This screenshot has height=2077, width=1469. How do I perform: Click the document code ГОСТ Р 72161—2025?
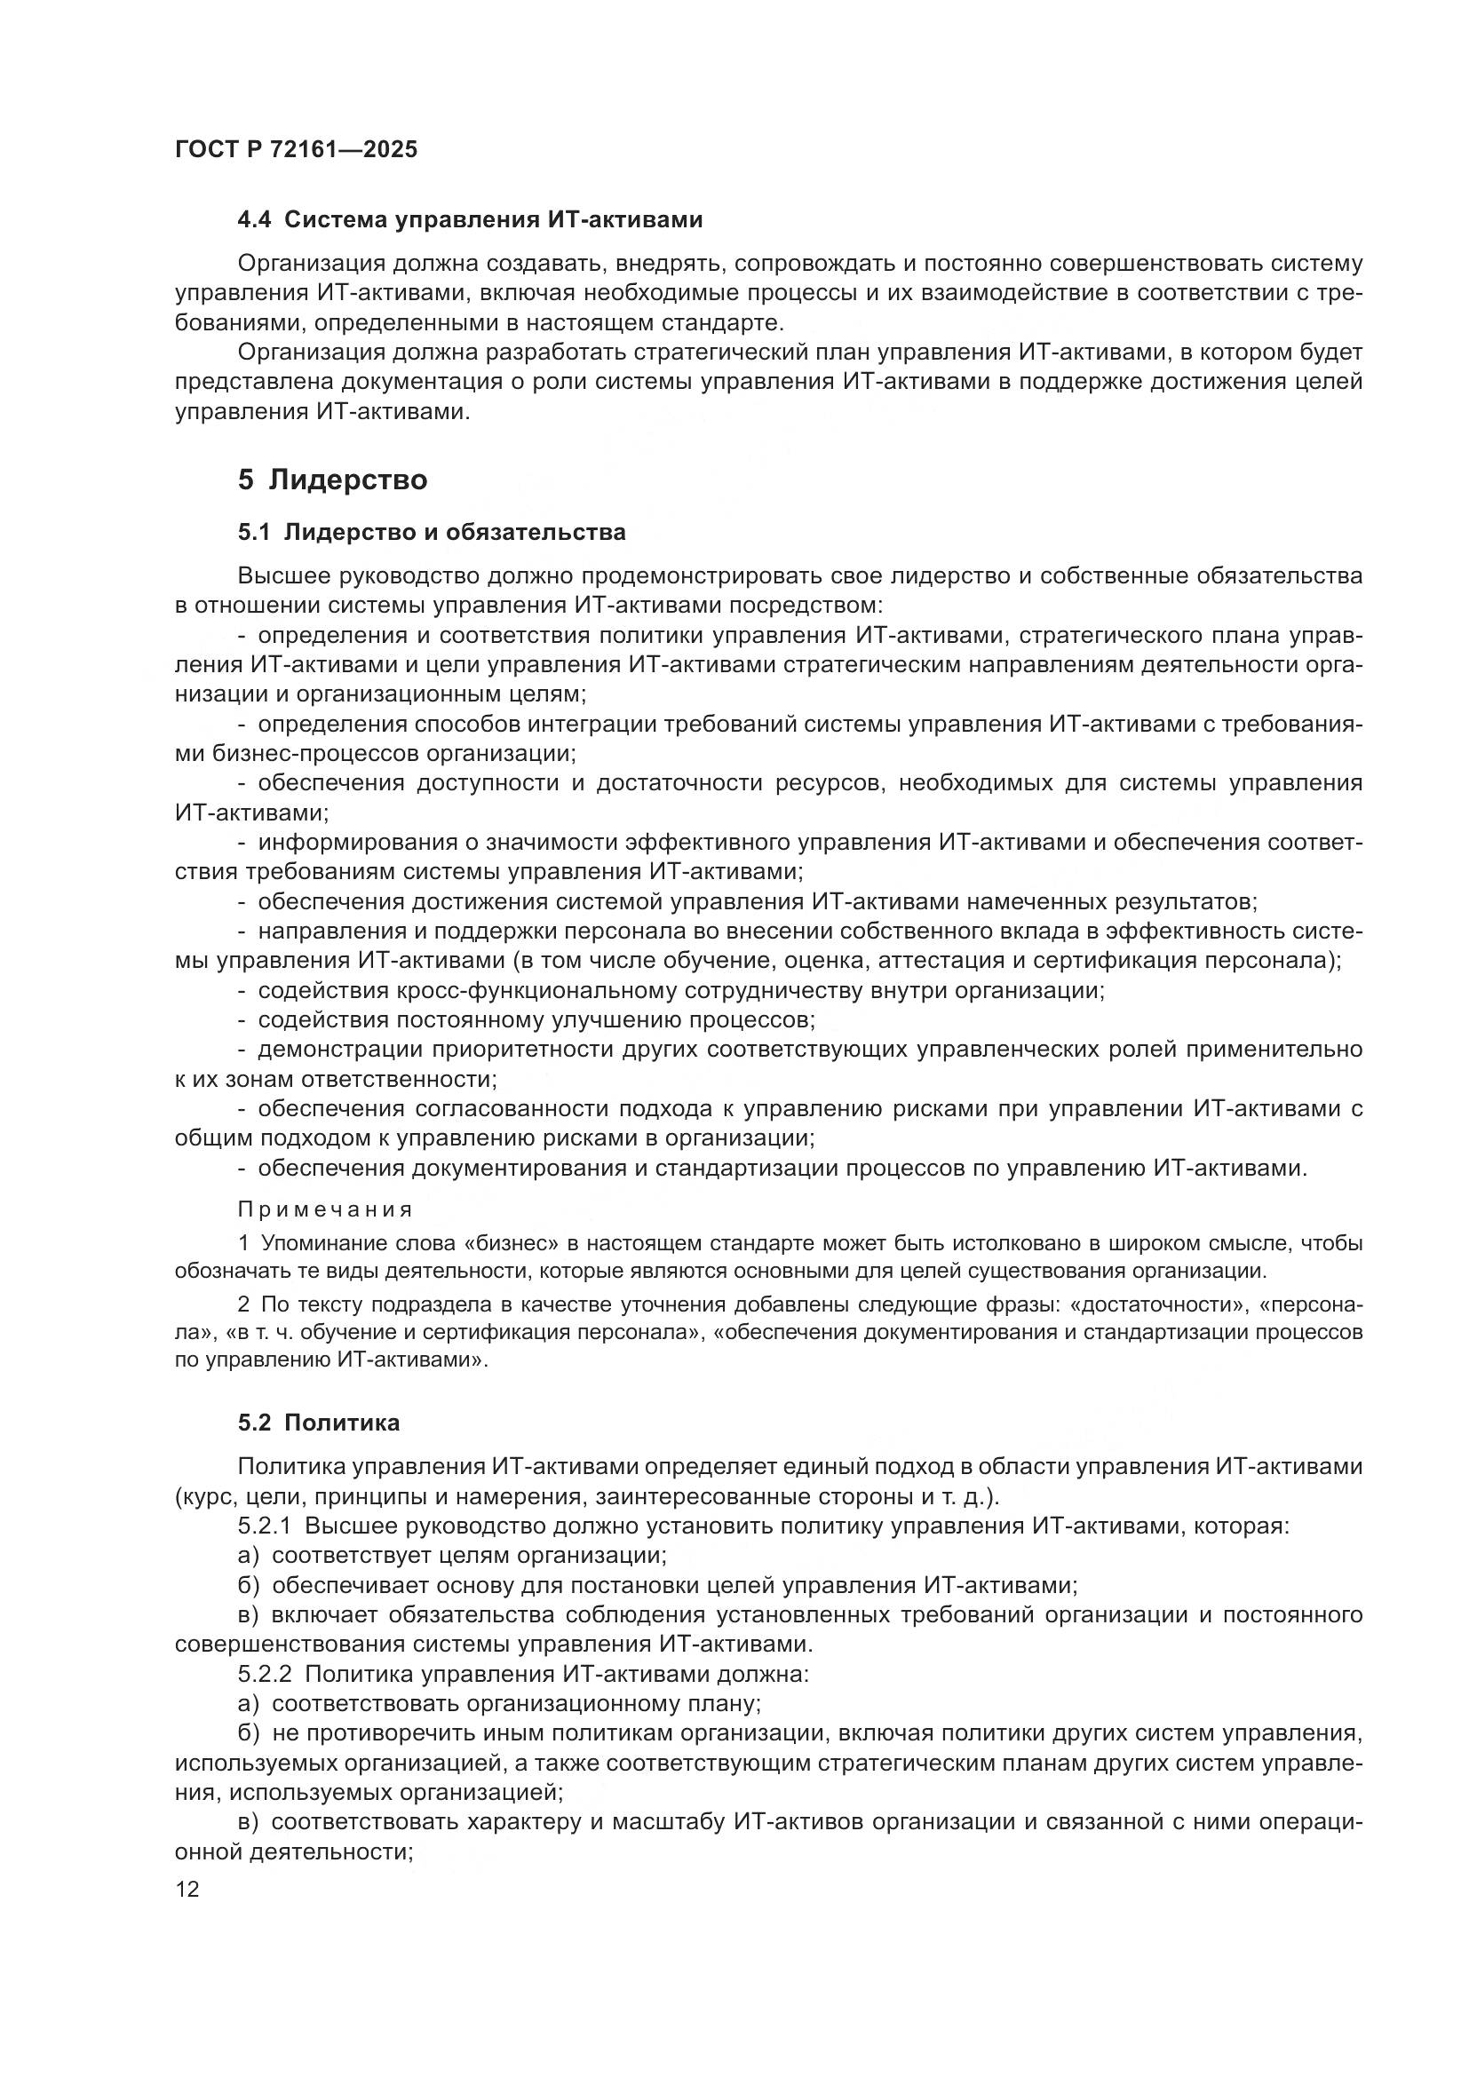point(296,149)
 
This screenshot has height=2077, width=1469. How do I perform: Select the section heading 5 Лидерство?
point(332,479)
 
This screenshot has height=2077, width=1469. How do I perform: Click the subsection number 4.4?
point(254,220)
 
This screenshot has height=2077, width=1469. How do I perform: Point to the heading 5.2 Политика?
point(319,1423)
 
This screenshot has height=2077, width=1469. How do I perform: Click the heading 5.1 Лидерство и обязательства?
point(432,532)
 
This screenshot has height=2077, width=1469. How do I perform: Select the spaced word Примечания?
point(325,1209)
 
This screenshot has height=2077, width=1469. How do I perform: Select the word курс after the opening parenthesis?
point(205,1496)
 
